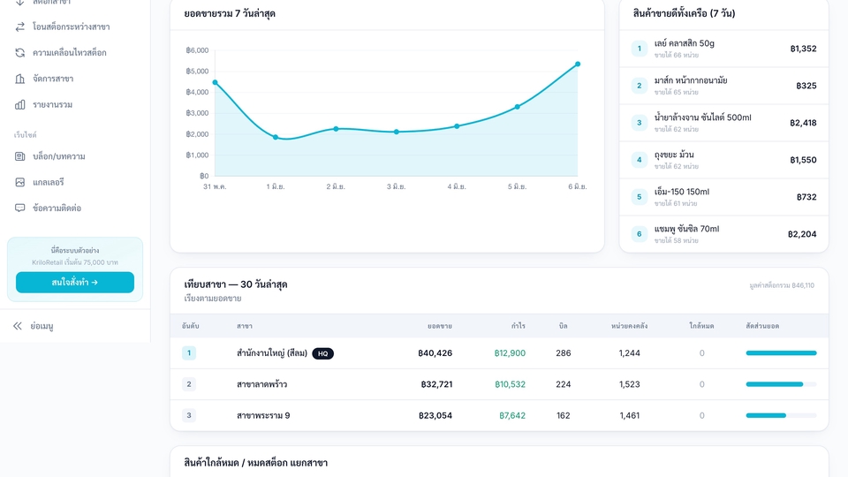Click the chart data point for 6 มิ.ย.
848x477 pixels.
click(x=578, y=64)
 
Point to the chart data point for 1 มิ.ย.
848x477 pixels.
click(x=276, y=138)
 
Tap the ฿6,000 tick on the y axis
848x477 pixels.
click(x=197, y=50)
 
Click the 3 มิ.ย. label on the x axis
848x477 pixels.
click(x=396, y=186)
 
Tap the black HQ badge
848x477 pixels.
click(x=323, y=353)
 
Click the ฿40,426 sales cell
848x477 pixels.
click(x=435, y=353)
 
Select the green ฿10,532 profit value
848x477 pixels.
click(x=510, y=384)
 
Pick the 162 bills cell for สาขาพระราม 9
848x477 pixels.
click(x=563, y=416)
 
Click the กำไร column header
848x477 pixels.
click(x=519, y=326)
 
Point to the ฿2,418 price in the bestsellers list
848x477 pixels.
click(x=803, y=123)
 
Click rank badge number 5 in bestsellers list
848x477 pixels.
click(x=640, y=197)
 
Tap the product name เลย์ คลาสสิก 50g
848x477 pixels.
click(x=684, y=43)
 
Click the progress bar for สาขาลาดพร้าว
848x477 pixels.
click(x=781, y=384)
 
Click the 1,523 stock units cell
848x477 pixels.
click(x=630, y=384)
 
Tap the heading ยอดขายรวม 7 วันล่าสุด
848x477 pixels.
click(x=230, y=13)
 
